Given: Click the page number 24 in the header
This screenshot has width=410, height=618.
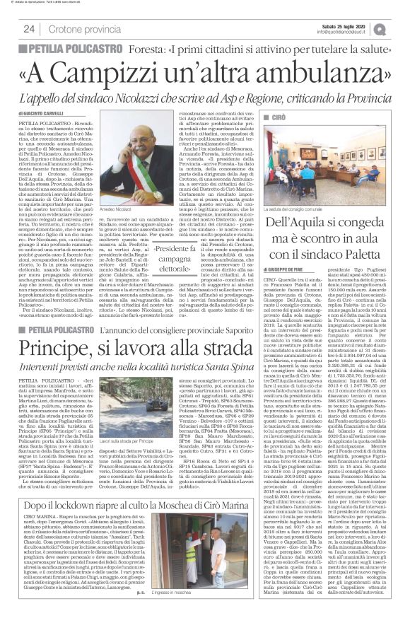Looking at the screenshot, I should point(29,28).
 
